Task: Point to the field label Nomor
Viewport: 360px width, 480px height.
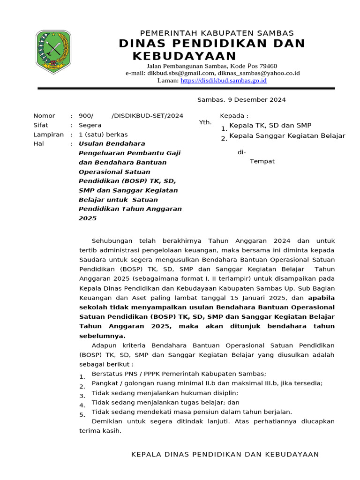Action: [x=44, y=116]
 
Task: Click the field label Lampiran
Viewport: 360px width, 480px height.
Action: [x=48, y=135]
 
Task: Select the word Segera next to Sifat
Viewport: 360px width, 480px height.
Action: [x=90, y=125]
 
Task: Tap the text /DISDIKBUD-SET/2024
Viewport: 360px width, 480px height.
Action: [x=148, y=116]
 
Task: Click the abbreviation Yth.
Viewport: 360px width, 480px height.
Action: [x=205, y=122]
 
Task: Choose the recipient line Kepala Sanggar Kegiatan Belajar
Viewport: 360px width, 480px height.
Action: [x=287, y=136]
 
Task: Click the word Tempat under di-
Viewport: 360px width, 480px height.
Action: [x=262, y=161]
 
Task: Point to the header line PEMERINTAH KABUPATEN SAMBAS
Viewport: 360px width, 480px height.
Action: [x=217, y=33]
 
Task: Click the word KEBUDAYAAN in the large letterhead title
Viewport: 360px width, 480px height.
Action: [x=185, y=56]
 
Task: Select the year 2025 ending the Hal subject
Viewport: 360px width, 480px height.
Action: [x=87, y=218]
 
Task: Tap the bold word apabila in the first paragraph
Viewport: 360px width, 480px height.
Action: [x=321, y=298]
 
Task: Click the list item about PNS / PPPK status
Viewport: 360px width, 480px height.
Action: [x=179, y=374]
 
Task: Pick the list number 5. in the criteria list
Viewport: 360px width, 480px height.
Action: [x=82, y=415]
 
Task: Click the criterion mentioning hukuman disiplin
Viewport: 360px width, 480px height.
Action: [x=165, y=393]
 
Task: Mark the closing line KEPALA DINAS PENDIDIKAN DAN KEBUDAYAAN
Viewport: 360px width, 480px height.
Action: [x=225, y=454]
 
